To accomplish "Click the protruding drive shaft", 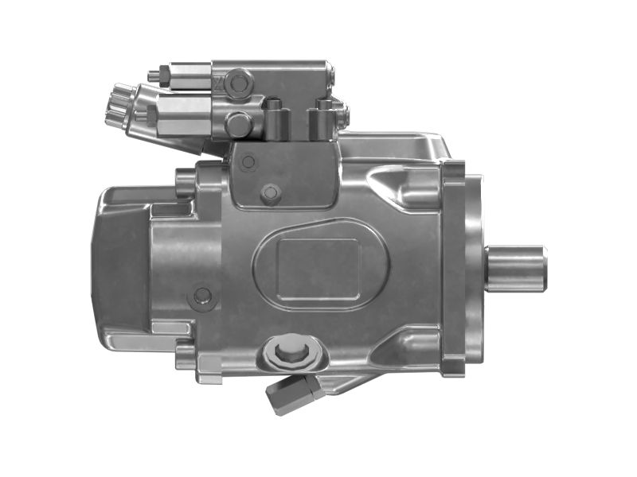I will [x=518, y=269].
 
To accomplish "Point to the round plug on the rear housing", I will [x=203, y=297].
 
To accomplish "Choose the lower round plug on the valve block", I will [x=237, y=123].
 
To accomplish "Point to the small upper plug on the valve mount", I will [x=248, y=162].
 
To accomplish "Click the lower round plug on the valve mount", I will [x=271, y=192].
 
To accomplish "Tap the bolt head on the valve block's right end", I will [x=343, y=114].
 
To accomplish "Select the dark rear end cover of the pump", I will [x=119, y=262].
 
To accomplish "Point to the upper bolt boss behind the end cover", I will [x=186, y=181].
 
